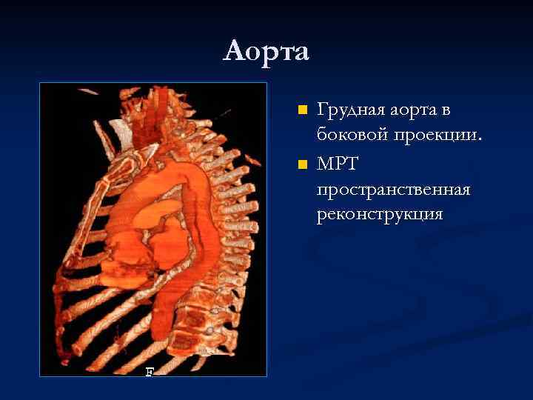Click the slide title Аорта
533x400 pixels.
pos(266,51)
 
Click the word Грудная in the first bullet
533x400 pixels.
pos(350,111)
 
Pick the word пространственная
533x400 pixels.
pos(393,190)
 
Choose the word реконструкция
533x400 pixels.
pos(380,215)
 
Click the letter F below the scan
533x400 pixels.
pos(150,372)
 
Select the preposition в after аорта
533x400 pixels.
pos(446,111)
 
